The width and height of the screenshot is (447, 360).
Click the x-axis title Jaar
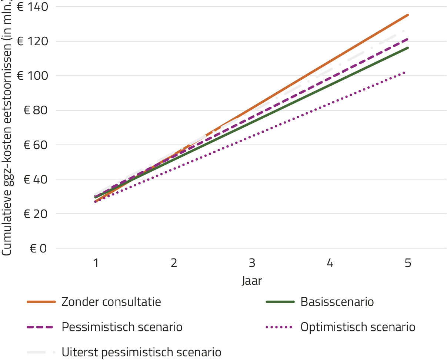(x=252, y=281)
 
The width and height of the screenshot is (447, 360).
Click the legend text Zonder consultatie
(x=111, y=302)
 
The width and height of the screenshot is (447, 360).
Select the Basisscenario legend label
(x=337, y=302)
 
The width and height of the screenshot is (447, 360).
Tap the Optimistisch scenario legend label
(x=358, y=327)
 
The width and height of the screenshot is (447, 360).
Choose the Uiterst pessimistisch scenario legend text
(x=141, y=352)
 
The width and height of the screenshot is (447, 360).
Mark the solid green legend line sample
(x=280, y=302)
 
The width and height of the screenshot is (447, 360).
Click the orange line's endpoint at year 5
(x=407, y=15)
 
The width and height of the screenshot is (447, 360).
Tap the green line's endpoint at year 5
(x=407, y=48)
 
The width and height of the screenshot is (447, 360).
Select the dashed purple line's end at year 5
(x=407, y=39)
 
